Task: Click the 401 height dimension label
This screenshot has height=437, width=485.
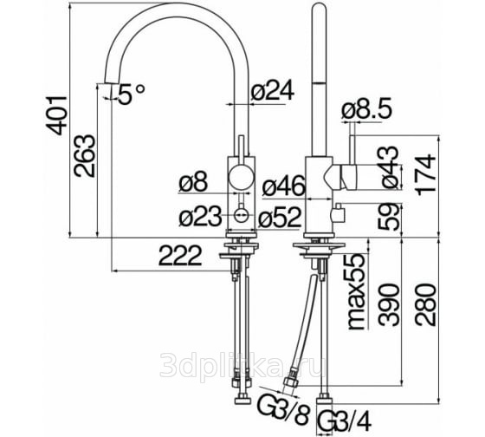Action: [x=56, y=116]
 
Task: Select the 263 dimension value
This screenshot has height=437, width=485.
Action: [x=84, y=156]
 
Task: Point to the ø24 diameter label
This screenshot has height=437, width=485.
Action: [x=272, y=91]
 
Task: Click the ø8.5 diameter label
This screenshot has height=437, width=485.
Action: [x=367, y=109]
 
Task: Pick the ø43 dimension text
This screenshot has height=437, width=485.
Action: [x=390, y=167]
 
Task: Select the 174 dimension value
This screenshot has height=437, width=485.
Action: [x=426, y=174]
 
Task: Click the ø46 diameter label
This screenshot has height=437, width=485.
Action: [x=284, y=186]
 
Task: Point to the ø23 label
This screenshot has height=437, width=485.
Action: [x=200, y=216]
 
